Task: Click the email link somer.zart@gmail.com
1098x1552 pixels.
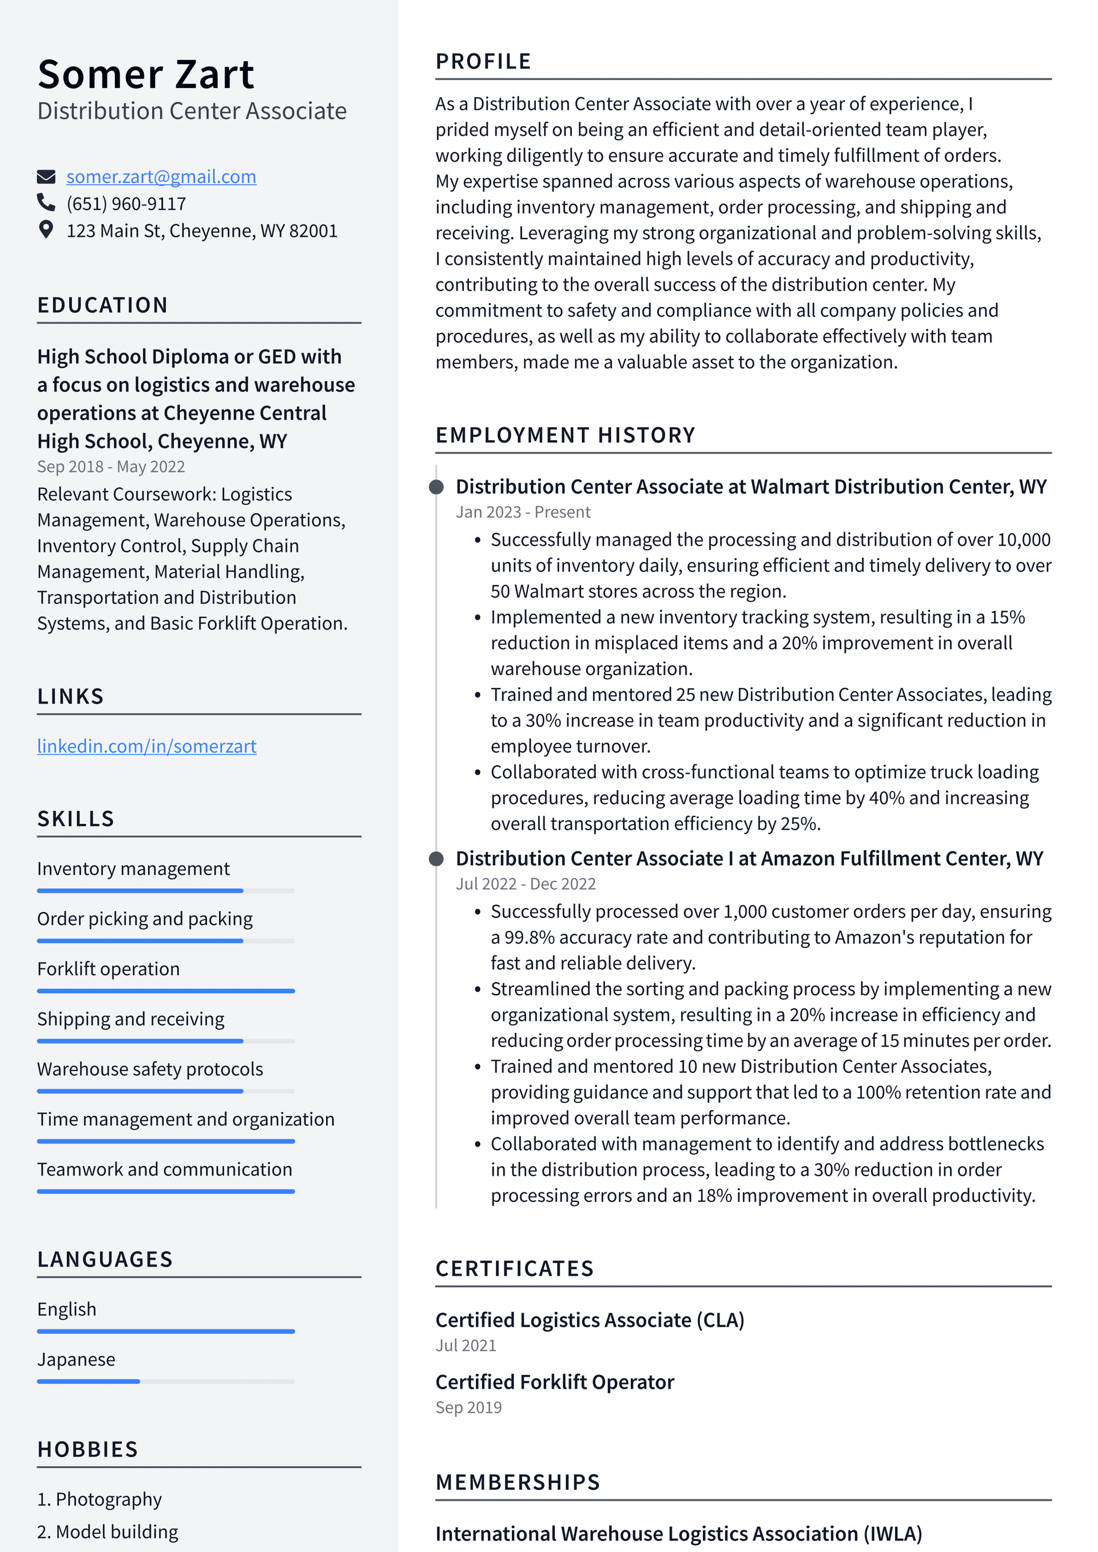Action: click(161, 177)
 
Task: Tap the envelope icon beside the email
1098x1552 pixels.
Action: click(46, 177)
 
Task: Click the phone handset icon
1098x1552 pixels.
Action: click(46, 203)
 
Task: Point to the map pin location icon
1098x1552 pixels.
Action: click(46, 230)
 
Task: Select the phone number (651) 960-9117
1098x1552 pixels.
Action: click(126, 204)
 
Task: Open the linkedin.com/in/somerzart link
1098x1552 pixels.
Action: click(147, 746)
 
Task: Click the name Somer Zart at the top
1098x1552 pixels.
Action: click(145, 74)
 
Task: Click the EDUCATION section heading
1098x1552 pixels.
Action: click(102, 305)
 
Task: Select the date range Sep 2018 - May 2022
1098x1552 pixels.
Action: click(111, 467)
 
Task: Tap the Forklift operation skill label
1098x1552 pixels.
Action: click(108, 969)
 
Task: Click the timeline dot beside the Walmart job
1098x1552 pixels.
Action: click(437, 487)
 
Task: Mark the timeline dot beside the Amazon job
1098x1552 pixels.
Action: click(437, 858)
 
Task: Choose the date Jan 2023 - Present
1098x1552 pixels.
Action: click(523, 512)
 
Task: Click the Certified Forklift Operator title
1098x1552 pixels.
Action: click(554, 1382)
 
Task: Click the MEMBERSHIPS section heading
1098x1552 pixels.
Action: click(517, 1482)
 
